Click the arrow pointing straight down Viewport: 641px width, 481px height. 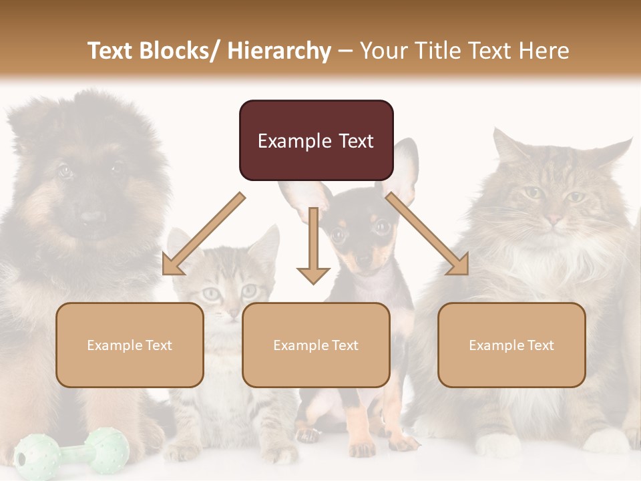313,247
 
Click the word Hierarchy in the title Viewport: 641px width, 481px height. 278,51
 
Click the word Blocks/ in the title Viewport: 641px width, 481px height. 181,51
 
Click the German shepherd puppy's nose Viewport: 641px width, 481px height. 91,218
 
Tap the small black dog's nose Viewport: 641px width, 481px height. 363,259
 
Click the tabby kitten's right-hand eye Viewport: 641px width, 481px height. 249,291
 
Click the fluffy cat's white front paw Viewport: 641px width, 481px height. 497,444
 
